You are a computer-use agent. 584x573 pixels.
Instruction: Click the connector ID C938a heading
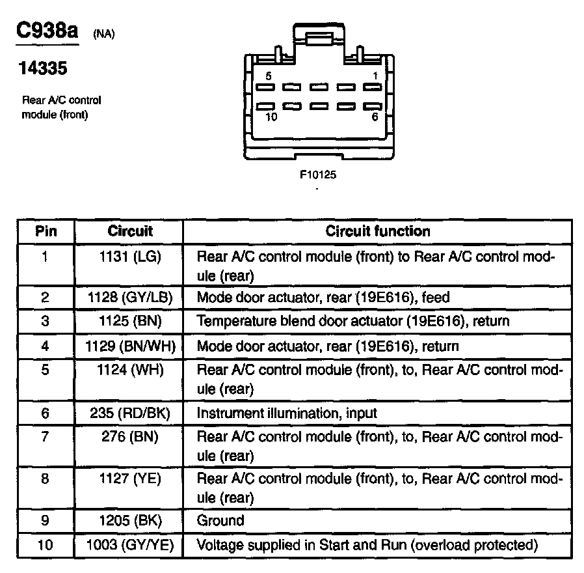(46, 31)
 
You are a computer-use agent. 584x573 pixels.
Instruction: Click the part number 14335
(43, 68)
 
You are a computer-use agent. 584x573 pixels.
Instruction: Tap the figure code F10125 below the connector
(317, 175)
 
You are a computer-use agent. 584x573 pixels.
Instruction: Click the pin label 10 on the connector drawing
(272, 117)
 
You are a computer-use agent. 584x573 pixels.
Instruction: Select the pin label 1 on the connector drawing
(375, 76)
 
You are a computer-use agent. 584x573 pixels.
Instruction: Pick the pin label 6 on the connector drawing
(375, 117)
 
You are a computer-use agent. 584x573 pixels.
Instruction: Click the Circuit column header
(130, 231)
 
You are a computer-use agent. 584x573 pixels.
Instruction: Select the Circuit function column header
(377, 231)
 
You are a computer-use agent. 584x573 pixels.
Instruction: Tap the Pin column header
(46, 231)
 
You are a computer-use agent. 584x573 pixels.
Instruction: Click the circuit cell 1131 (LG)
(130, 257)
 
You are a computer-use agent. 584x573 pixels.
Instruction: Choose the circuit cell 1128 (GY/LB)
(130, 298)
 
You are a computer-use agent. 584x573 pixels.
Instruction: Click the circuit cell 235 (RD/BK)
(130, 413)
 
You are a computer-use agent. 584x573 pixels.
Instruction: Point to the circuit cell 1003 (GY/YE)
(130, 544)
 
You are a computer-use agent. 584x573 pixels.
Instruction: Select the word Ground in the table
(220, 520)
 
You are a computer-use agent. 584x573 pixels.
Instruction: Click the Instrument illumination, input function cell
(287, 413)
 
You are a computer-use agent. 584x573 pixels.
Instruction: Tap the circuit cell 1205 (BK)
(130, 520)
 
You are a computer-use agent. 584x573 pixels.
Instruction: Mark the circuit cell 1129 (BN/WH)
(130, 346)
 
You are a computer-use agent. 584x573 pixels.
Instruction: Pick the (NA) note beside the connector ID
(104, 35)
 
